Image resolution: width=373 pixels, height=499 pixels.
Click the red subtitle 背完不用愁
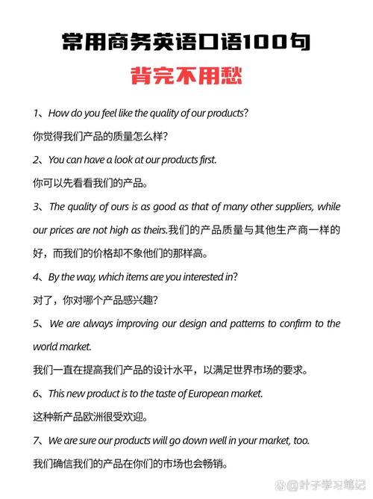coord(186,77)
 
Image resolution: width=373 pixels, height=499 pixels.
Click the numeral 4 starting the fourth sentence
coord(37,276)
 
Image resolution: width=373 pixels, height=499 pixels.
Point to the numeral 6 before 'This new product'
coord(37,393)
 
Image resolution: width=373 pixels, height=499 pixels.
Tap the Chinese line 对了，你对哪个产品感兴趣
coord(95,300)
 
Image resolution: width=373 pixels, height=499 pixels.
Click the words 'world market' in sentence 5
coord(61,347)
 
